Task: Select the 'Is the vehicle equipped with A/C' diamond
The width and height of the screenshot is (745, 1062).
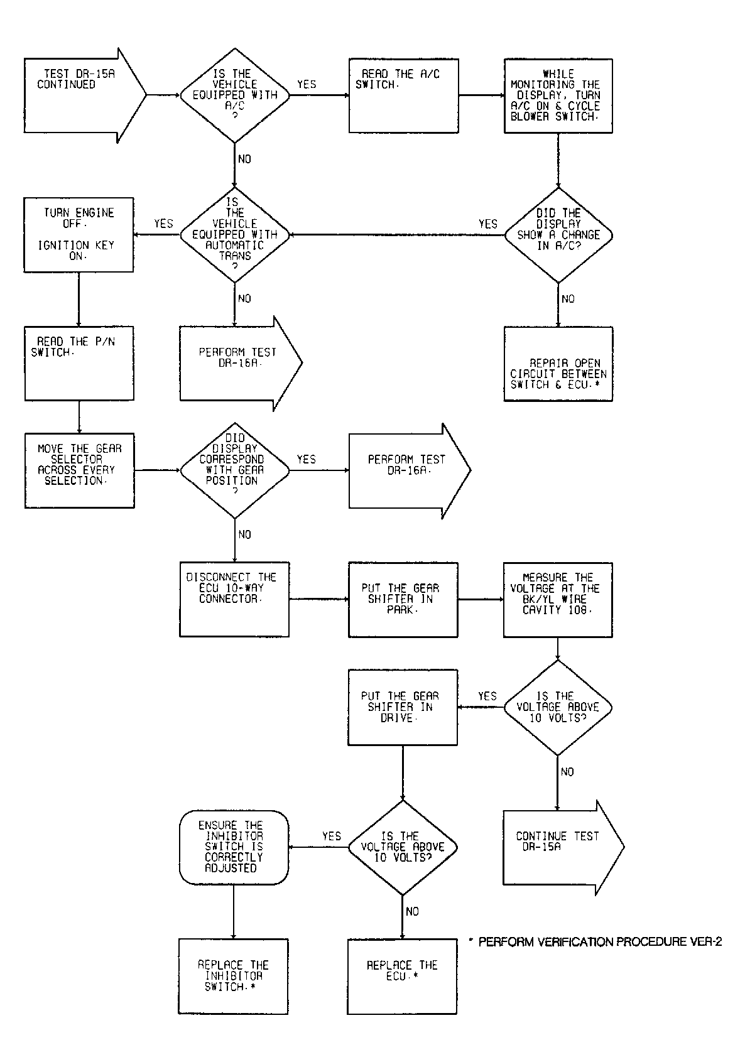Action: tap(234, 95)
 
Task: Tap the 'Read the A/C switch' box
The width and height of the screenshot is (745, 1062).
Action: tap(403, 95)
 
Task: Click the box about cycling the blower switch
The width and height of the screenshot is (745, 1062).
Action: tap(558, 95)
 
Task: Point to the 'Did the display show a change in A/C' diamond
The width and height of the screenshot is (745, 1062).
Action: tap(558, 235)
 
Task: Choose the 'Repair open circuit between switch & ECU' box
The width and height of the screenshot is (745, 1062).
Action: tap(558, 364)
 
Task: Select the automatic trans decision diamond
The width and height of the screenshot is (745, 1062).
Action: tap(234, 235)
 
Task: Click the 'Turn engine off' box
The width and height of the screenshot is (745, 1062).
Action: tap(79, 235)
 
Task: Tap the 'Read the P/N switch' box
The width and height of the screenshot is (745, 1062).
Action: tap(79, 364)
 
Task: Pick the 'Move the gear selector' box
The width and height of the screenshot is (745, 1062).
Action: tap(80, 470)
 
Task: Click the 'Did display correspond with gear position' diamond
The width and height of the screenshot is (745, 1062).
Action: tap(235, 470)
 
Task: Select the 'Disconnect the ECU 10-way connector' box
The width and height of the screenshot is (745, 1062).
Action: tap(234, 599)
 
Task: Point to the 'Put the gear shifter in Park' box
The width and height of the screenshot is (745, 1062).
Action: tap(403, 600)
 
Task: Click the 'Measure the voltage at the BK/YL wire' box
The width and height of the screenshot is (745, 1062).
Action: tap(558, 600)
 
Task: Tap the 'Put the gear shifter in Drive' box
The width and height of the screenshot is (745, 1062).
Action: tap(403, 707)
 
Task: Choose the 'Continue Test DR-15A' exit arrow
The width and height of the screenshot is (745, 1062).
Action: tap(563, 847)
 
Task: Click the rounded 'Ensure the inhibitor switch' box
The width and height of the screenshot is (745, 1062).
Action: tap(234, 847)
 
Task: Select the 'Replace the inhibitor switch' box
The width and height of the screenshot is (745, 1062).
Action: tap(233, 976)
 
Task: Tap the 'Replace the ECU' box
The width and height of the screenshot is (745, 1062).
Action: tap(402, 977)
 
